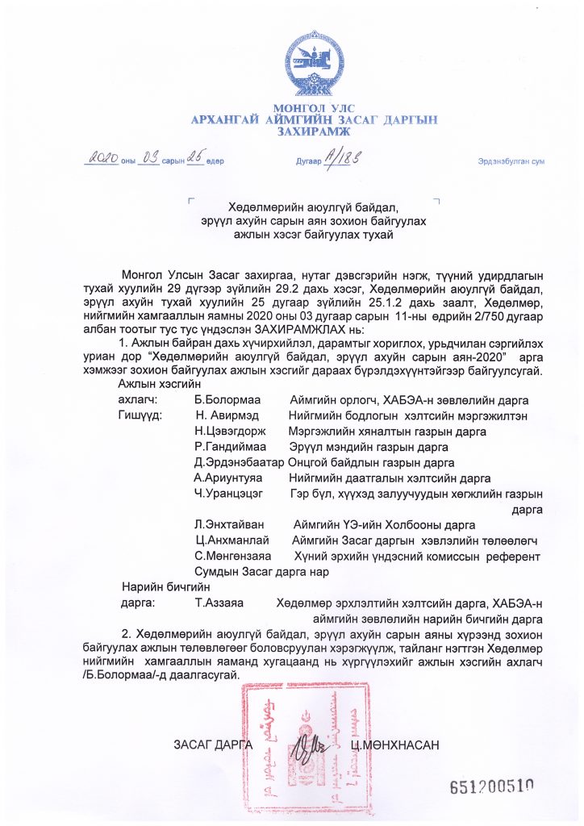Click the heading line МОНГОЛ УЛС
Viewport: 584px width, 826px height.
click(x=314, y=108)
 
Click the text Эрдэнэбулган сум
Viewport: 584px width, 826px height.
click(x=511, y=161)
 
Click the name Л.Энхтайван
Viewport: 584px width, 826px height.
click(x=227, y=524)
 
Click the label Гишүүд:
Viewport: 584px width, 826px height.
click(x=140, y=416)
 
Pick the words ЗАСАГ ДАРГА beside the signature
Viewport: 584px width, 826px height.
click(x=213, y=744)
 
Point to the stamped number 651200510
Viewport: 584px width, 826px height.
click(x=492, y=787)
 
